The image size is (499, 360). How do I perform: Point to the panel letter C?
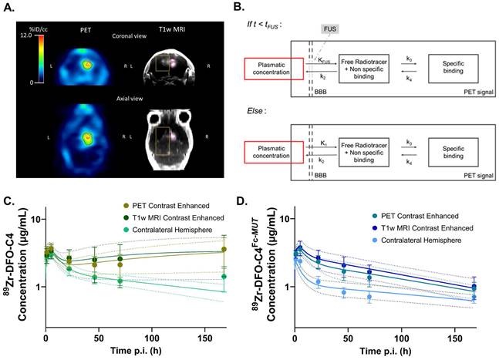pos(8,202)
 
